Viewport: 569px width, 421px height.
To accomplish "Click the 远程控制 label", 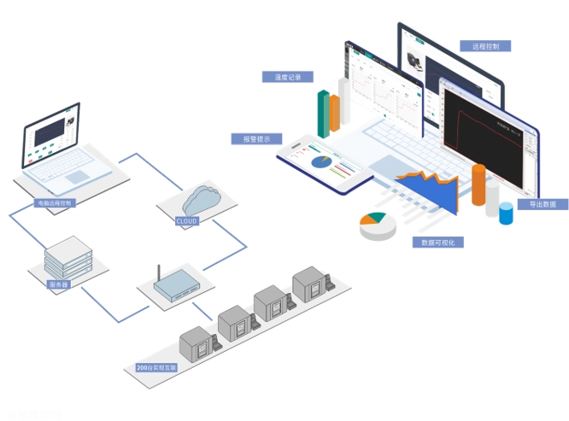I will click(x=485, y=46).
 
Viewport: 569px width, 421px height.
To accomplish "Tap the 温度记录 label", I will click(x=288, y=77).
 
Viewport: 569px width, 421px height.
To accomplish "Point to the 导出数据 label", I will click(x=542, y=204).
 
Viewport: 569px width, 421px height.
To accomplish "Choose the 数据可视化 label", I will click(x=438, y=242).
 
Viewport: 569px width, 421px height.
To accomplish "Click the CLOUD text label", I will click(x=186, y=221).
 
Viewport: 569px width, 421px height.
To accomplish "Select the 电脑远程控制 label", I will click(x=55, y=203).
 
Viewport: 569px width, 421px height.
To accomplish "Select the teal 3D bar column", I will click(x=324, y=113).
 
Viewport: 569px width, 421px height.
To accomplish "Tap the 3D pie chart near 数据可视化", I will click(x=377, y=225).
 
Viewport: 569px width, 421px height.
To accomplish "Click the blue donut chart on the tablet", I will click(x=322, y=161).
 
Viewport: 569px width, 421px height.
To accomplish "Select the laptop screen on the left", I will click(x=53, y=136).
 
